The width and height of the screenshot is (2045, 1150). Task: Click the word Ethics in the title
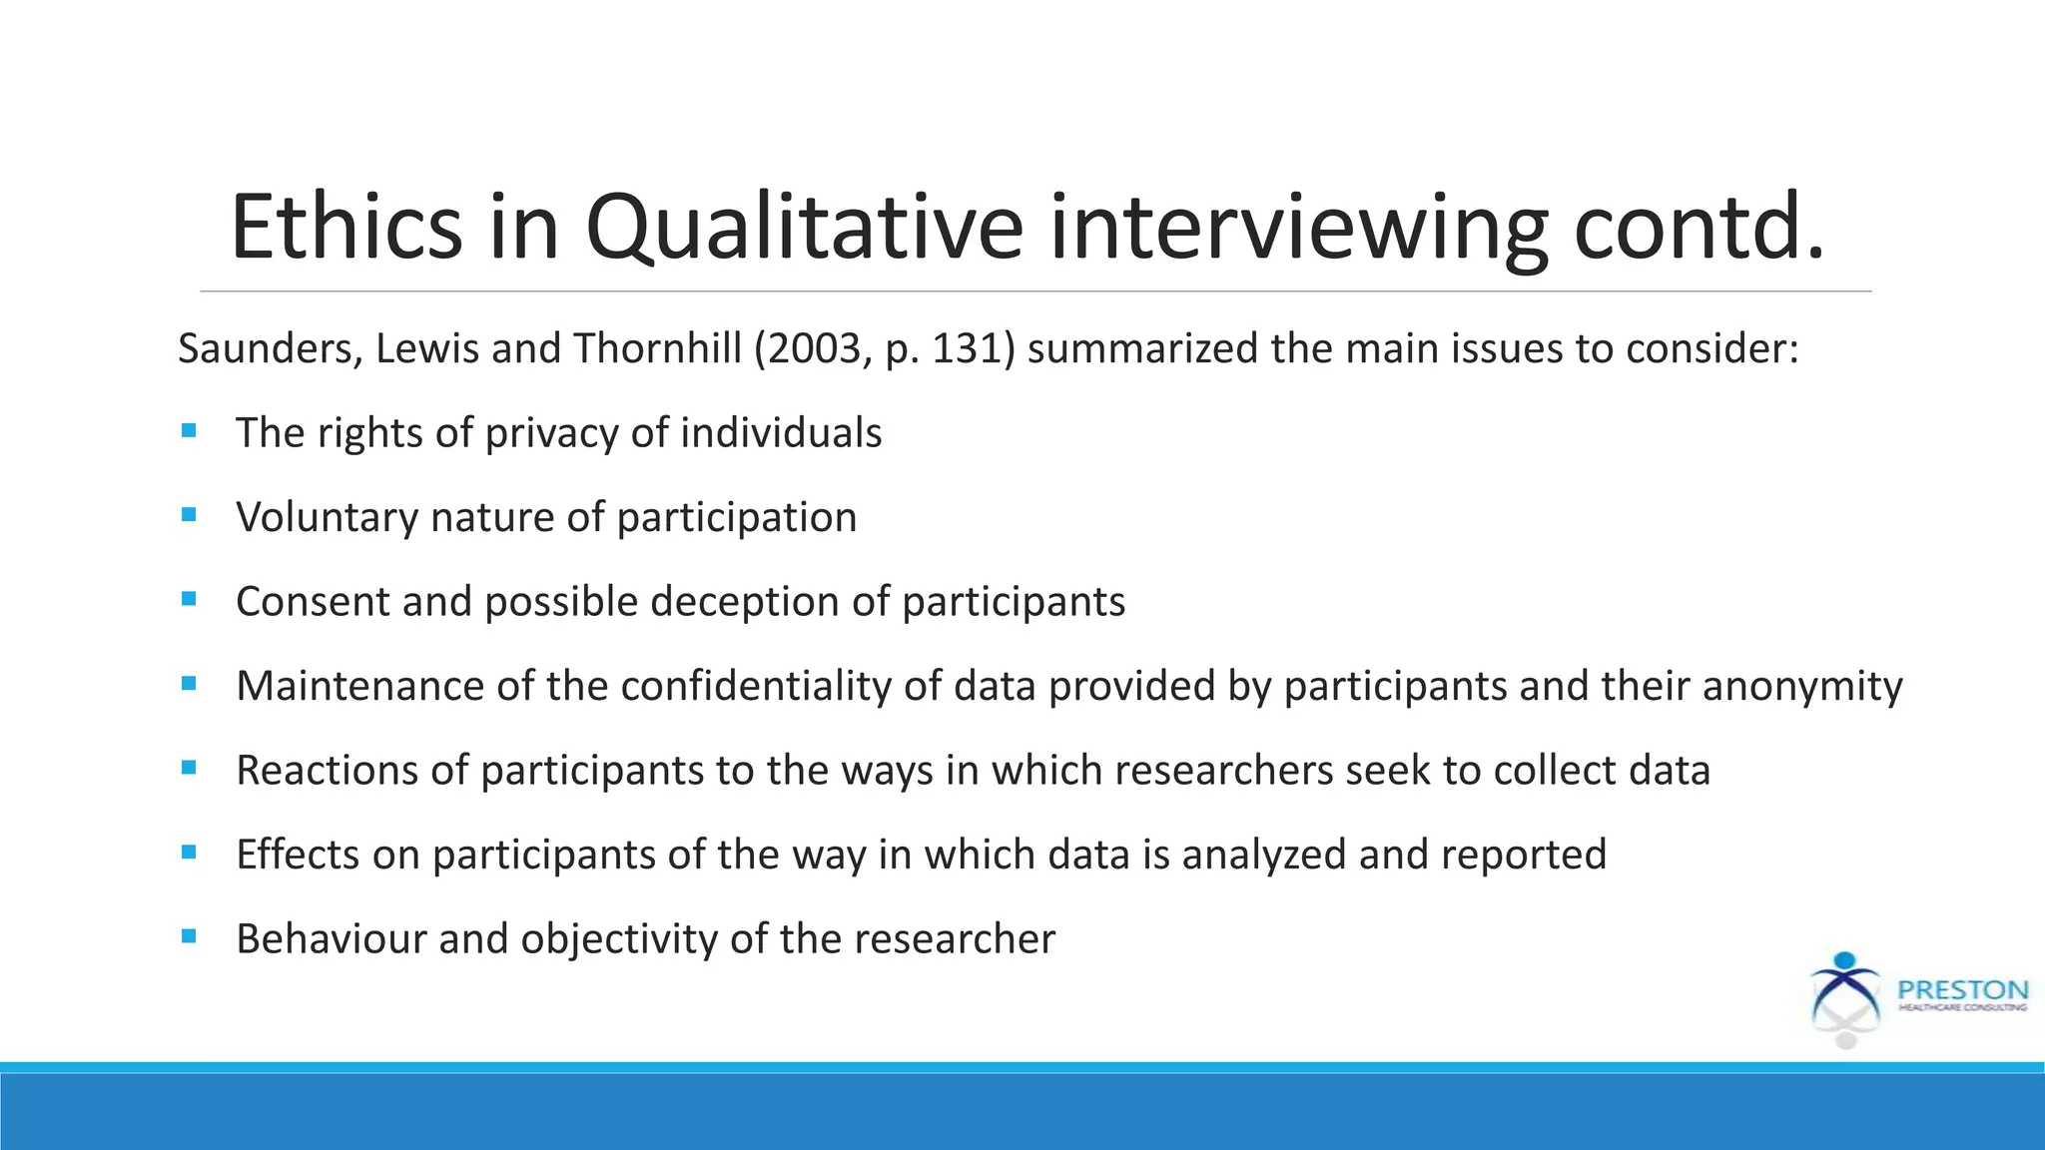(345, 228)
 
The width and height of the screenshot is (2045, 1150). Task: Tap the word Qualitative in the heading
(804, 228)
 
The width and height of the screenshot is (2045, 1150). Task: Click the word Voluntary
(326, 517)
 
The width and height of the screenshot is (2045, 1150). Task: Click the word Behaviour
(330, 939)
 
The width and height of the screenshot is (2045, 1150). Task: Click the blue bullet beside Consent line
(189, 599)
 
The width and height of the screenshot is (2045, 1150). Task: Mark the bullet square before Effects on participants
(189, 852)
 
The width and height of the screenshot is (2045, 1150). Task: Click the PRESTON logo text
(1962, 990)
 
